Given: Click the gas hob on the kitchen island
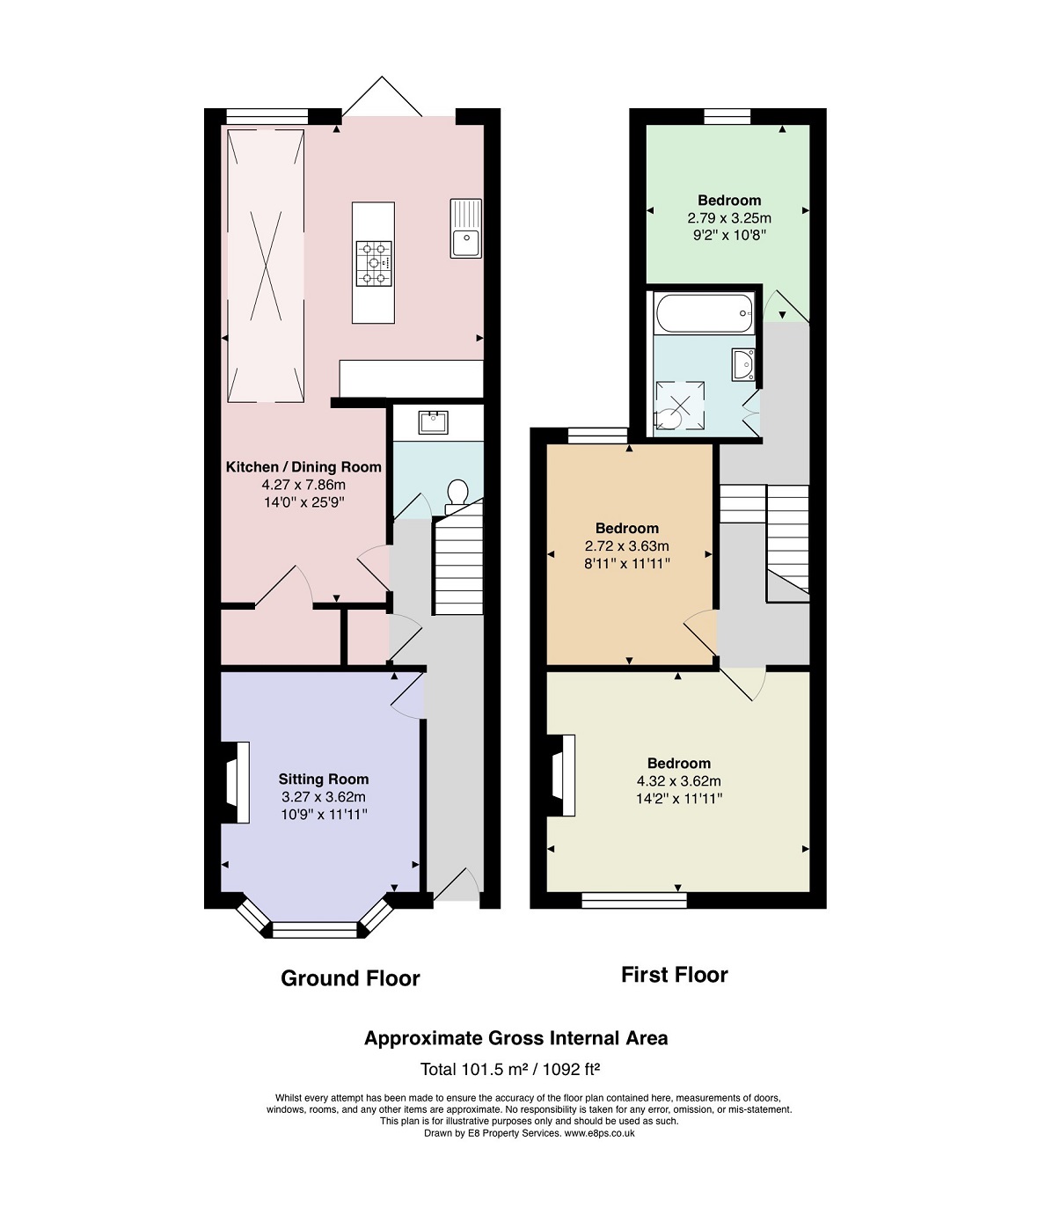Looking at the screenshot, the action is (374, 263).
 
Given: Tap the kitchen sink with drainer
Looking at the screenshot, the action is (466, 228).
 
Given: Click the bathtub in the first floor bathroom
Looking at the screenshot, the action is (705, 313).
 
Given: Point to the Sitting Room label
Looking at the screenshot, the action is (323, 779).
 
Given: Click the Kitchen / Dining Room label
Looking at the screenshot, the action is (303, 467).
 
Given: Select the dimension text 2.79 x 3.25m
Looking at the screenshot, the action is (729, 218).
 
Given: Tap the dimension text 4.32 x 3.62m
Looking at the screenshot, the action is (679, 780).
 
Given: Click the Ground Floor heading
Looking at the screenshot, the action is (350, 978).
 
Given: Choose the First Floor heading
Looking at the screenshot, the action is (674, 975).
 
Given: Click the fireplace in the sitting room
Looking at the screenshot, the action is (235, 782).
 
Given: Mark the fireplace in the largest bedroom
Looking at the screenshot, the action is (560, 775).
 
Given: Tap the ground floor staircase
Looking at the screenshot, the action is (458, 564).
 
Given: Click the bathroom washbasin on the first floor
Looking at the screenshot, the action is (743, 364).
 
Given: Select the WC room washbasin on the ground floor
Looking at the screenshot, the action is (433, 422).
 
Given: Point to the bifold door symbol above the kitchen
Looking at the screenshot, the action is (382, 96).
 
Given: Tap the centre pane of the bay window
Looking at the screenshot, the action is (315, 930).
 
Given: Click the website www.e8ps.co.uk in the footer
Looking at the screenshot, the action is (600, 1133).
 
